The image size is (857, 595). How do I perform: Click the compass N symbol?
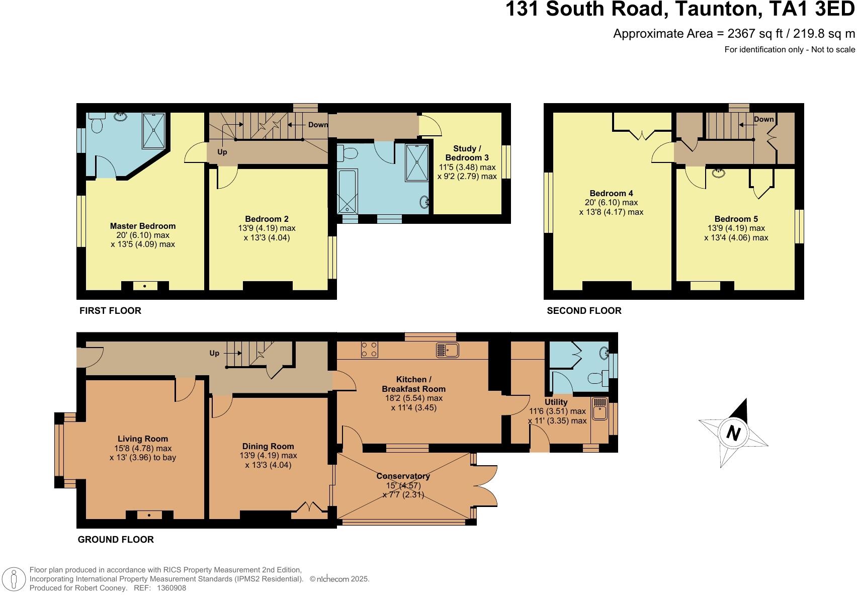[x=734, y=433]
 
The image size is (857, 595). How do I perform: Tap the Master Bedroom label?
[x=143, y=226]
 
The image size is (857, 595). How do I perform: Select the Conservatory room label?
[x=403, y=476]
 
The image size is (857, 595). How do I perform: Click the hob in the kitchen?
[x=369, y=350]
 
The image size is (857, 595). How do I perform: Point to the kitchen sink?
[x=447, y=350]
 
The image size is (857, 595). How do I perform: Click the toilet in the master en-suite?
[x=97, y=124]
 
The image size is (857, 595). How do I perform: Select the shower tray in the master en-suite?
[x=154, y=131]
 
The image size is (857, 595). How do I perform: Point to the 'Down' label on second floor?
[x=763, y=119]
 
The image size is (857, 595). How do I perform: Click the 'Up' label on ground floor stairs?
[x=214, y=353]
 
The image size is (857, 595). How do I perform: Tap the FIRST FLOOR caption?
[x=110, y=310]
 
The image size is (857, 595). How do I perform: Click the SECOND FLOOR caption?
[x=584, y=310]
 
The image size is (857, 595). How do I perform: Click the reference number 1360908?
[x=172, y=587]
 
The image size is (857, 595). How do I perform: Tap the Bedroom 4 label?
[x=611, y=193]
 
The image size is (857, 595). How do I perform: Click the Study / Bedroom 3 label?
[x=467, y=153]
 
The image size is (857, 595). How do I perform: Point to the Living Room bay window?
[x=59, y=450]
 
